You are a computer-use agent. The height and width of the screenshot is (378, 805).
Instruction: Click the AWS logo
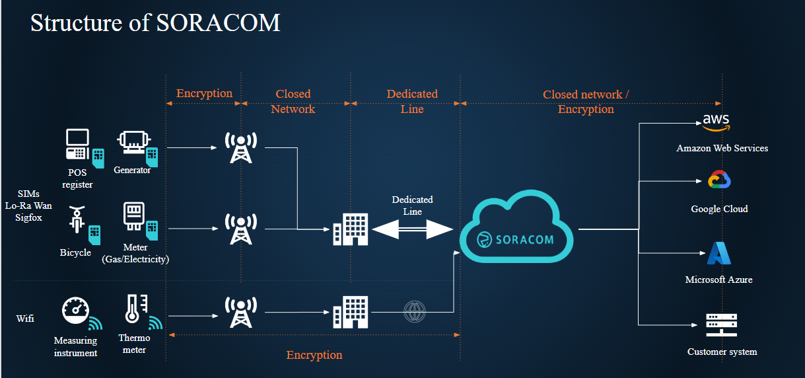[x=716, y=122]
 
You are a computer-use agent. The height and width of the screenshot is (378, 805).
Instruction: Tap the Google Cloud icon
[x=718, y=180]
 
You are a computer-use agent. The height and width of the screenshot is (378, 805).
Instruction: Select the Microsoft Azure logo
[x=718, y=254]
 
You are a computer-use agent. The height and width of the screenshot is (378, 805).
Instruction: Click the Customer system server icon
[x=721, y=324]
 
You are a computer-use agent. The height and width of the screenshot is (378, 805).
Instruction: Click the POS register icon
[x=79, y=145]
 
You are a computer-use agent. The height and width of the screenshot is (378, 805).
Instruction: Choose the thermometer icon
[x=134, y=309]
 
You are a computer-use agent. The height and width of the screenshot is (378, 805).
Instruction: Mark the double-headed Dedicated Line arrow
[x=412, y=229]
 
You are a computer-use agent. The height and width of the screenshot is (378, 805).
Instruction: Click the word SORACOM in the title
[x=218, y=23]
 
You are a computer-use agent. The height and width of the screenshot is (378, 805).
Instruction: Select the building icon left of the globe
[x=349, y=311]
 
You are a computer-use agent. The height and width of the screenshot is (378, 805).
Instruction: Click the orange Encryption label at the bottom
[x=314, y=356]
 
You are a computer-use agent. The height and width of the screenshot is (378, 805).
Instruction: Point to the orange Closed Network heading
[x=293, y=101]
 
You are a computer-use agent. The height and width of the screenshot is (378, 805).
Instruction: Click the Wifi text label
[x=25, y=319]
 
